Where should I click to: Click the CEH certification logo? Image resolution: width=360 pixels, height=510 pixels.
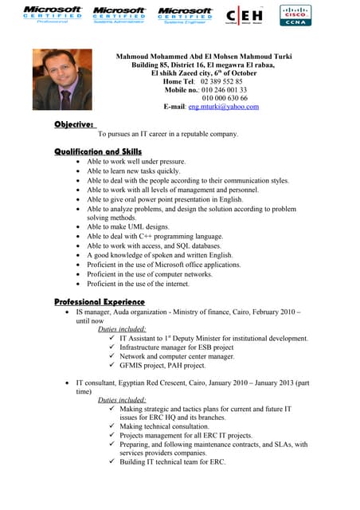[247, 15]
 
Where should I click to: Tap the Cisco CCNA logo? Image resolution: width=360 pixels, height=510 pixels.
[295, 15]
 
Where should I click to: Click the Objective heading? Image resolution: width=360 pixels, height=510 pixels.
[75, 124]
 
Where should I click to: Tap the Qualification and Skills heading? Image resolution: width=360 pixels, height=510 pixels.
[98, 151]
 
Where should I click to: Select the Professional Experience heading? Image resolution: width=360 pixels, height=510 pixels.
[100, 302]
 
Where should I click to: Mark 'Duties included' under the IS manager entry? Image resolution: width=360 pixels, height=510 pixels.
[121, 328]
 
